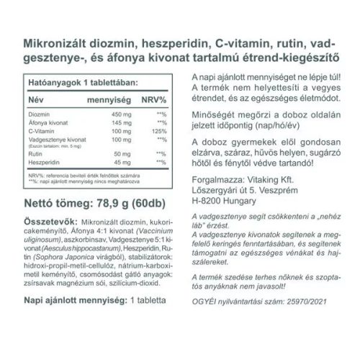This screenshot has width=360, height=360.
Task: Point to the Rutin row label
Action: tap(35, 154)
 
